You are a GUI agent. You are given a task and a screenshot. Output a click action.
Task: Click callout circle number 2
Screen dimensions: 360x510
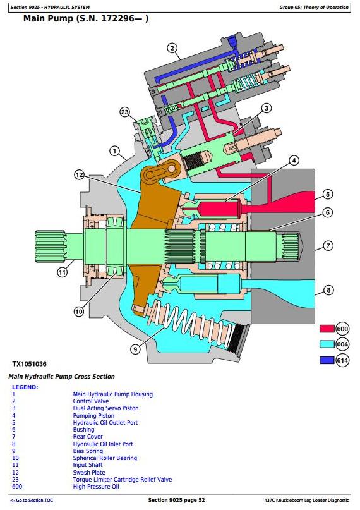click(x=172, y=49)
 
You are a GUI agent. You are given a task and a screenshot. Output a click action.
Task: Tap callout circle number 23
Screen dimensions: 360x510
click(x=125, y=112)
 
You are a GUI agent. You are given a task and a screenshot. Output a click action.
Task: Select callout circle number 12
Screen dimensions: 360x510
click(x=80, y=175)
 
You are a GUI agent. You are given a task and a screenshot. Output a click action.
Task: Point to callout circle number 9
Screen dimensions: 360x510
click(x=135, y=349)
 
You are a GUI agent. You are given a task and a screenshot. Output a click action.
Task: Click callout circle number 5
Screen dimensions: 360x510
click(x=328, y=194)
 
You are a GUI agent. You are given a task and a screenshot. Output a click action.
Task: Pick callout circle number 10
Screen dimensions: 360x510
click(x=79, y=312)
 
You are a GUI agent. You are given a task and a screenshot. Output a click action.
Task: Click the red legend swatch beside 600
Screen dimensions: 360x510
click(x=327, y=329)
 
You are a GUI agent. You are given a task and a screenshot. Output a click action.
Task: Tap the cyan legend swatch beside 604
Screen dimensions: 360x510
click(x=327, y=344)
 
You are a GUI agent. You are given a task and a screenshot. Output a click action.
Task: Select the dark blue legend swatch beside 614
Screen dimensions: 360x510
click(x=327, y=360)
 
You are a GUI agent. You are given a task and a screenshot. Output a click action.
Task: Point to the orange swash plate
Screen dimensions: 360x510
click(x=156, y=208)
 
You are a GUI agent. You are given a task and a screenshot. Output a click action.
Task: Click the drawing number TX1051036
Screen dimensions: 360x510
click(x=29, y=364)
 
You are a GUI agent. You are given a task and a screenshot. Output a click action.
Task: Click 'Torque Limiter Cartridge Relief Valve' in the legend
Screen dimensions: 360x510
click(x=122, y=480)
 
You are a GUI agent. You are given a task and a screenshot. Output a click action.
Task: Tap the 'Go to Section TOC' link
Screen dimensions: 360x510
click(x=32, y=501)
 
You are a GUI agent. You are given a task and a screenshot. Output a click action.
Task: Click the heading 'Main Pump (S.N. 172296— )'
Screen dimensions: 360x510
click(x=86, y=18)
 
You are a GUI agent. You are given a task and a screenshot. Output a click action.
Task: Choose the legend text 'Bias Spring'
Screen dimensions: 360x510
click(x=88, y=451)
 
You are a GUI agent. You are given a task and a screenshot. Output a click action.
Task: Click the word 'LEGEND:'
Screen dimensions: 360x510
click(x=25, y=387)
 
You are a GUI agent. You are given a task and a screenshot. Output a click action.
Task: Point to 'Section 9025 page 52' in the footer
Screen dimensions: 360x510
click(x=176, y=500)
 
